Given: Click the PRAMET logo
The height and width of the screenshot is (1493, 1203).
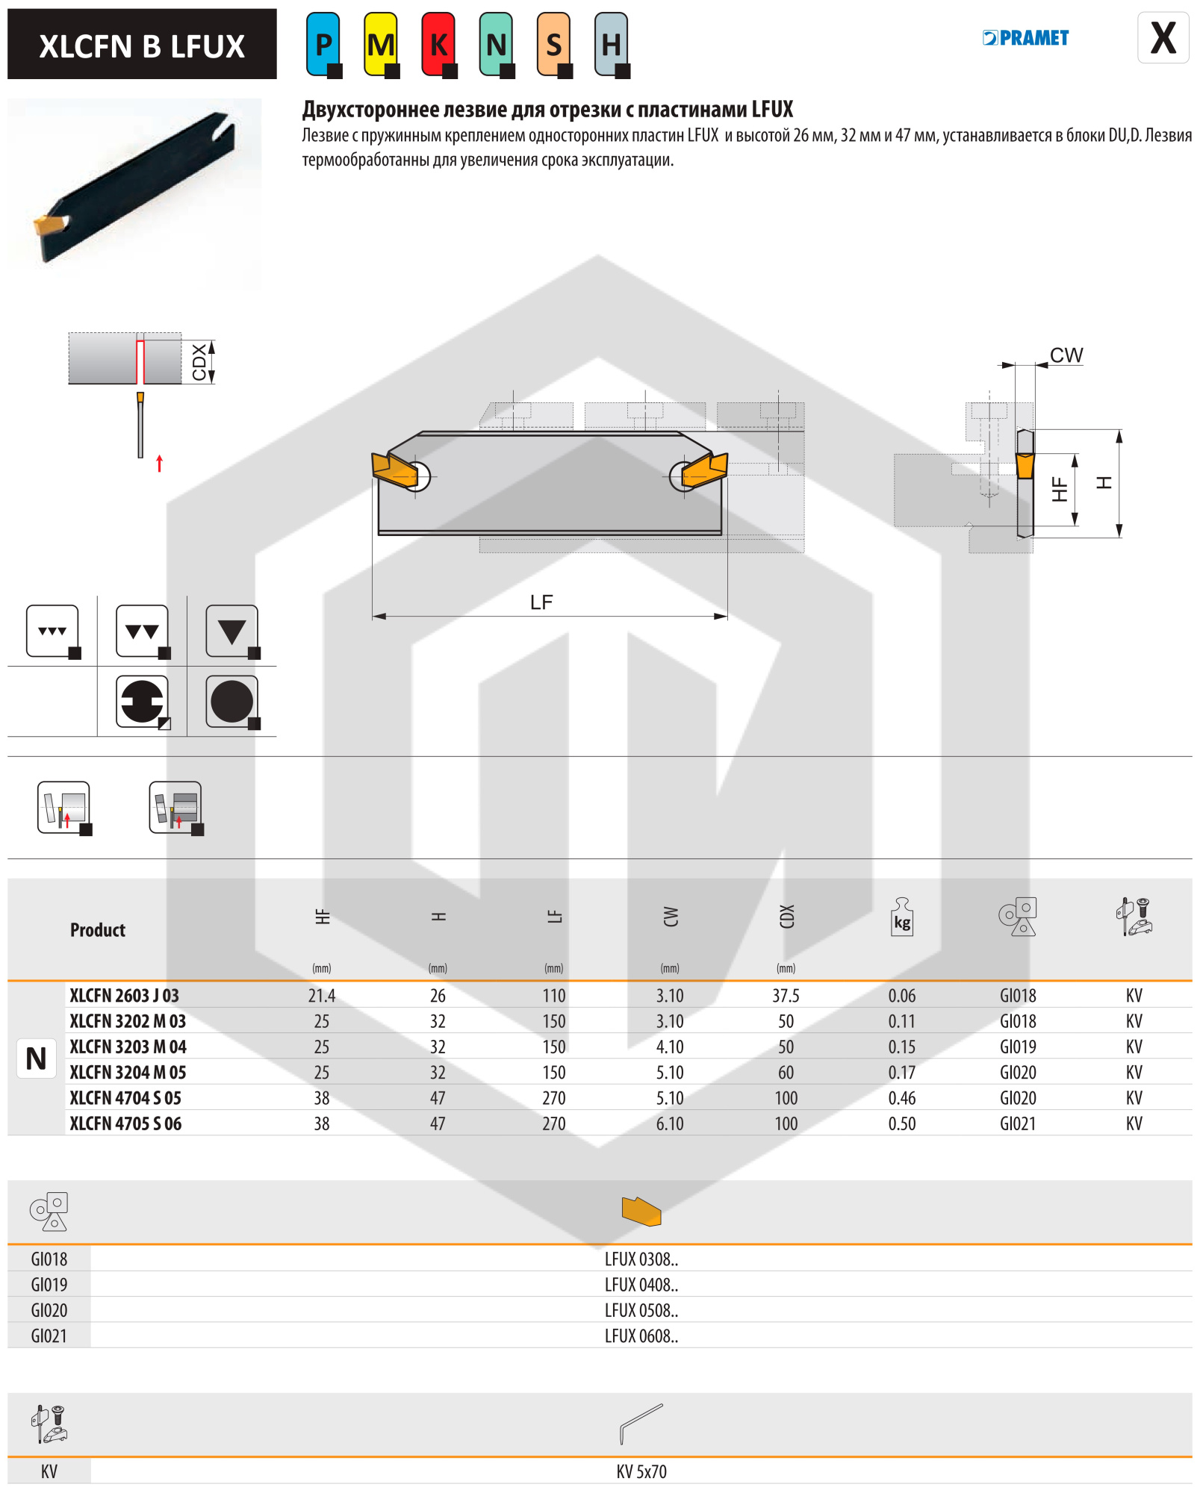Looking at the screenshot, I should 1025,38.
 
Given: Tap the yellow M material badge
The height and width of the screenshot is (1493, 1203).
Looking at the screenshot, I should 381,45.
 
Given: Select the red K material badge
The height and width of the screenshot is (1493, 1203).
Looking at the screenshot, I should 438,45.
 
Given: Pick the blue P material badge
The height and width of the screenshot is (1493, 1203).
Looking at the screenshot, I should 323,45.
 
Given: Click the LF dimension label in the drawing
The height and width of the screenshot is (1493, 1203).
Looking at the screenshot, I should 541,602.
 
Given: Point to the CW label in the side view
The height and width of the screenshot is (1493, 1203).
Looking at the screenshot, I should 1066,355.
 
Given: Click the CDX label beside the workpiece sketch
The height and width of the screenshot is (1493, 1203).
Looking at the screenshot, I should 199,362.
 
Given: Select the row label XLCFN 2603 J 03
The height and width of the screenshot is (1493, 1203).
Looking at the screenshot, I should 124,995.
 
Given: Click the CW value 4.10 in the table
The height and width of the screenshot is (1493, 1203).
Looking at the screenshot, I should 670,1047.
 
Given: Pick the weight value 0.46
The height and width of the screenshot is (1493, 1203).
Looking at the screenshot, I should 901,1098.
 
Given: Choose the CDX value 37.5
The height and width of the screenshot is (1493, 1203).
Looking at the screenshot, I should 786,995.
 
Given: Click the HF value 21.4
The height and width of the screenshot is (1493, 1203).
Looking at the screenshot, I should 322,995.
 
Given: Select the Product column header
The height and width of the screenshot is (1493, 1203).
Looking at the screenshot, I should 98,930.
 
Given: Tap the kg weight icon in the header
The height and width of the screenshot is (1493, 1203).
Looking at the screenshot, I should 902,917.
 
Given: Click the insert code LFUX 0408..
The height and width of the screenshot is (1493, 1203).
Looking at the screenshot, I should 641,1285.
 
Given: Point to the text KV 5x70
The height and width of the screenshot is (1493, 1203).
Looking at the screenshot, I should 641,1471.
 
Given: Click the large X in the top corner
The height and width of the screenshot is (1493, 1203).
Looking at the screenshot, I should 1163,38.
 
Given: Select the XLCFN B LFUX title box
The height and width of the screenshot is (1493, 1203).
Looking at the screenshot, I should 142,45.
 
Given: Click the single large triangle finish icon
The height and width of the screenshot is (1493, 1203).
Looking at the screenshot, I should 232,632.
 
